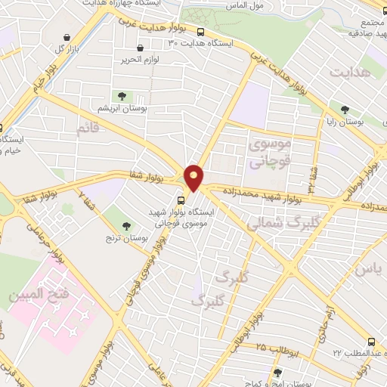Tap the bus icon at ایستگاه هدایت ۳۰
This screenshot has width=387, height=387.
coord(200,33)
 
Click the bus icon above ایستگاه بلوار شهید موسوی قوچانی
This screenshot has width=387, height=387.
coord(181,200)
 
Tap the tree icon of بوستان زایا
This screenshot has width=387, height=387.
coord(345,110)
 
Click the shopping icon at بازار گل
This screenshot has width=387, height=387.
coord(68,37)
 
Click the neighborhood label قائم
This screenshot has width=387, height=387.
coord(88,128)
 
